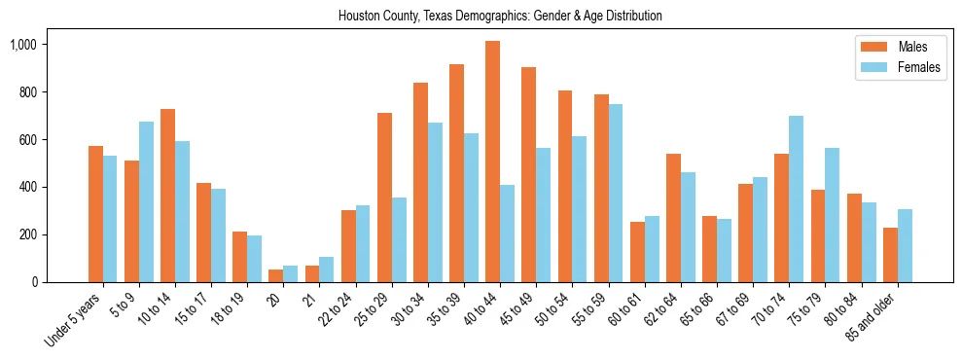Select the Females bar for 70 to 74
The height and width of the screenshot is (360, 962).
tap(797, 199)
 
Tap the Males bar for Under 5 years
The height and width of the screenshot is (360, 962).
tap(95, 214)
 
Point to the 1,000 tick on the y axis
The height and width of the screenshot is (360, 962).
tap(41, 45)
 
